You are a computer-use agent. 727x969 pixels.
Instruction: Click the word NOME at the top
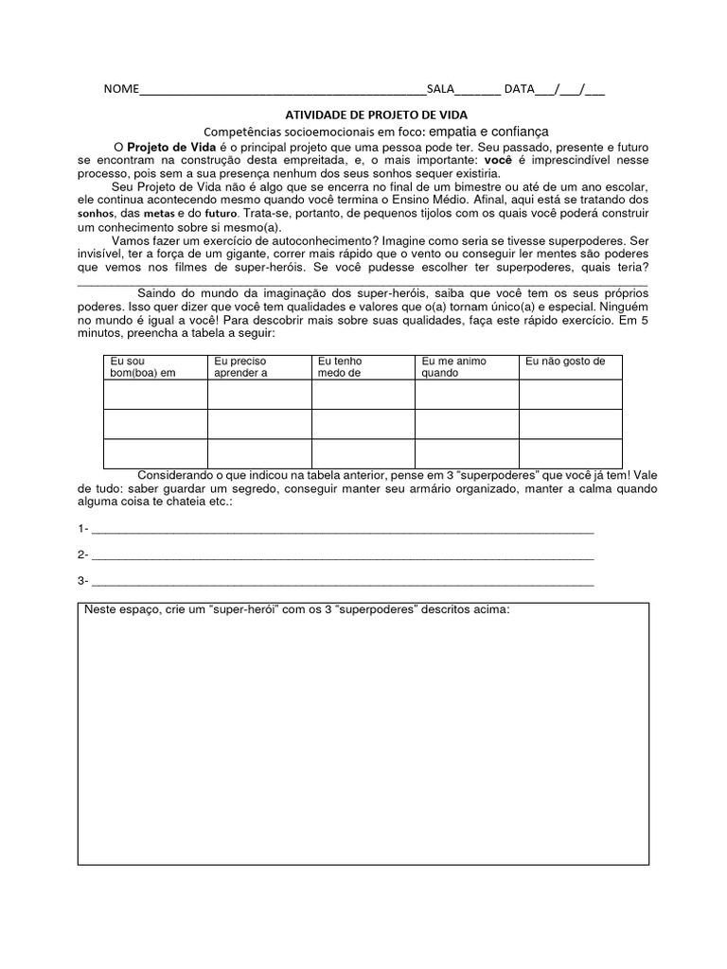click(120, 90)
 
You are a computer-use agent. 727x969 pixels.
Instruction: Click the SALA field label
click(440, 90)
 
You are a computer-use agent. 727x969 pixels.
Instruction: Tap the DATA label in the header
click(519, 90)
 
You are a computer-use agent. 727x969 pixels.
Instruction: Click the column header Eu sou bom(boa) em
click(144, 367)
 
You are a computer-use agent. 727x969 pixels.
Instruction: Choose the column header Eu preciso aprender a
click(241, 367)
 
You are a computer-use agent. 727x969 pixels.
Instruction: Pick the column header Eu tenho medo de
click(341, 367)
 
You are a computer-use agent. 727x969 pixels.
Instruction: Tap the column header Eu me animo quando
click(454, 367)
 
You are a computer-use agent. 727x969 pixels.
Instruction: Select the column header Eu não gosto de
click(565, 361)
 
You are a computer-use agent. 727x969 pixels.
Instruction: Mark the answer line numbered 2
click(342, 556)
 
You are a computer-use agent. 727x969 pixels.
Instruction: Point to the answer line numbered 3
click(342, 583)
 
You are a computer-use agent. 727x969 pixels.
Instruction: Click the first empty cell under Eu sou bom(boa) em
click(155, 395)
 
